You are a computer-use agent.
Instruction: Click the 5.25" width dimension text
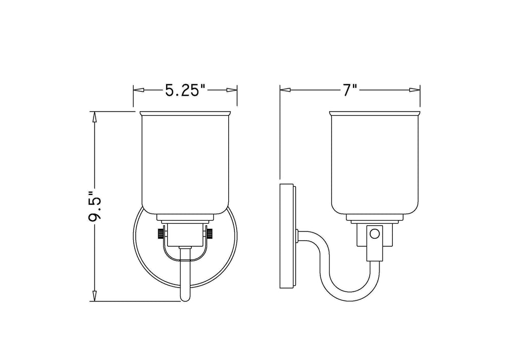pos(185,91)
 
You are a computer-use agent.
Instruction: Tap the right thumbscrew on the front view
pos(211,235)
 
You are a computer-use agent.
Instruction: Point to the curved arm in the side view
pos(329,267)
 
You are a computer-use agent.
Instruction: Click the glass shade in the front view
pos(185,165)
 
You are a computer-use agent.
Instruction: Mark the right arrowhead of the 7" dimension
pos(417,90)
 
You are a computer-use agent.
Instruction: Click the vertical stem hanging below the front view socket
pos(185,275)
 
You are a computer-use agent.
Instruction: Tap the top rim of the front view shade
pos(185,113)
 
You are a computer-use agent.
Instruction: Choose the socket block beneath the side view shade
pos(375,242)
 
